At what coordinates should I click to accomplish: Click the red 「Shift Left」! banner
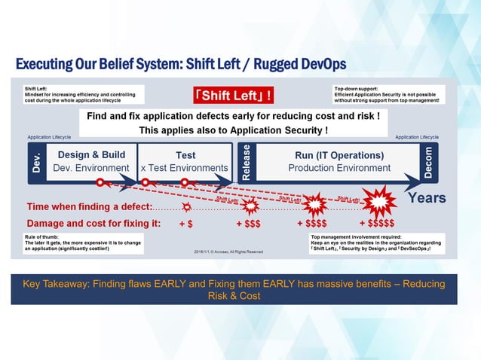pyautogui.click(x=233, y=96)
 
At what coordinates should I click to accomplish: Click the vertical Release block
pyautogui.click(x=246, y=161)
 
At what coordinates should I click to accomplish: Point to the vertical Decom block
pyautogui.click(x=427, y=160)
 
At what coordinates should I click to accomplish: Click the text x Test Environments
pyautogui.click(x=185, y=168)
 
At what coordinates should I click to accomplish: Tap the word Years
pyautogui.click(x=427, y=198)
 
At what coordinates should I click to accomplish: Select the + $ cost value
pyautogui.click(x=185, y=224)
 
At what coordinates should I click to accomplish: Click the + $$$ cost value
pyautogui.click(x=249, y=224)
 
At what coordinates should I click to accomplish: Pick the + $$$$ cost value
pyautogui.click(x=312, y=224)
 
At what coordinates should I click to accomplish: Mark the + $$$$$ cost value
pyautogui.click(x=377, y=224)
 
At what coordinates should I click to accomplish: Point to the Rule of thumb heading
pyautogui.click(x=40, y=236)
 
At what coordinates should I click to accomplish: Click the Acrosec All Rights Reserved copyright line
pyautogui.click(x=228, y=252)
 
